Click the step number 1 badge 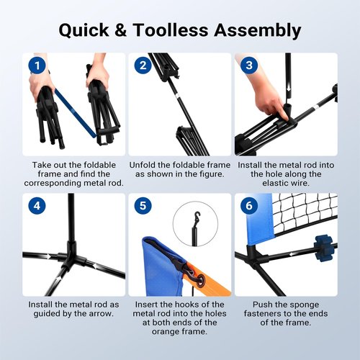[37, 66]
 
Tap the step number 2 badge [143, 66]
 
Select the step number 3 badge [249, 66]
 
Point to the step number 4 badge [37, 206]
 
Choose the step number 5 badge [143, 206]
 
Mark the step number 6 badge [249, 206]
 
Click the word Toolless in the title [171, 30]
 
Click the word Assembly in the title [258, 31]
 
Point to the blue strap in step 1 [76, 113]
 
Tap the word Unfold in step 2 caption [143, 165]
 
